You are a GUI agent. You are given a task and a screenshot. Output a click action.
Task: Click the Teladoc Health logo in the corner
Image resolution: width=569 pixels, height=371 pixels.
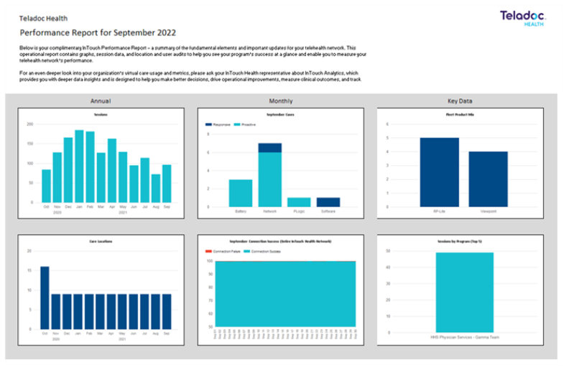tap(524, 18)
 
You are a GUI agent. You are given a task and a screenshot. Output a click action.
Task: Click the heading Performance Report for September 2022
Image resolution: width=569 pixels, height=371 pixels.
tap(98, 32)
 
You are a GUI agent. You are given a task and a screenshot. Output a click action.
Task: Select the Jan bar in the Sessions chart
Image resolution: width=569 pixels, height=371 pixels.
tap(79, 166)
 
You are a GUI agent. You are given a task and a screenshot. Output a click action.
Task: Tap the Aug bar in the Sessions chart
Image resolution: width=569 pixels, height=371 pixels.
tap(155, 188)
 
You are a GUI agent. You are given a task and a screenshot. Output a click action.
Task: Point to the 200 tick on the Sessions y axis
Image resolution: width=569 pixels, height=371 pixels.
tap(30, 124)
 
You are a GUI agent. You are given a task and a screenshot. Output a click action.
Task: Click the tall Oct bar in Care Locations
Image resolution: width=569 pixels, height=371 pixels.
tap(45, 298)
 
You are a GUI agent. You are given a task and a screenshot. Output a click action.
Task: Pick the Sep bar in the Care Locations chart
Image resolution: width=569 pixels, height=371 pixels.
tap(167, 311)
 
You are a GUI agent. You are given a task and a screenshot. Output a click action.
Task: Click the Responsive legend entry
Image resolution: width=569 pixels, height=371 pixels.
tap(218, 124)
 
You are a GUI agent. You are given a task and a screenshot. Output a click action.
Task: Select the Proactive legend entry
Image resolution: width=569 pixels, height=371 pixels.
tap(247, 124)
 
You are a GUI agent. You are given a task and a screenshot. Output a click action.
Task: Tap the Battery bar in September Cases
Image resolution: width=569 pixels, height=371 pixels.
tap(241, 193)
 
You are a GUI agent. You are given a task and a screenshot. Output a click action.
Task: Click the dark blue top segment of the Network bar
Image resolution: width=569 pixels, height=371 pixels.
tap(270, 147)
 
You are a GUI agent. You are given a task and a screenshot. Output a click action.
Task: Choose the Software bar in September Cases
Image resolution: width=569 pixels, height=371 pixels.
tap(328, 202)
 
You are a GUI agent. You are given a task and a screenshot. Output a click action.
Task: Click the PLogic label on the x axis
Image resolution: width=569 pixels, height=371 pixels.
tap(299, 211)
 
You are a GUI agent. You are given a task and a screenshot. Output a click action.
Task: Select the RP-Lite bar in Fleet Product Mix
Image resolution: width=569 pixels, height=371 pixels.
tap(439, 172)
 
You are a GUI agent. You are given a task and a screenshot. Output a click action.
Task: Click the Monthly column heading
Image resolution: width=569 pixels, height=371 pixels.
tap(280, 101)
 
